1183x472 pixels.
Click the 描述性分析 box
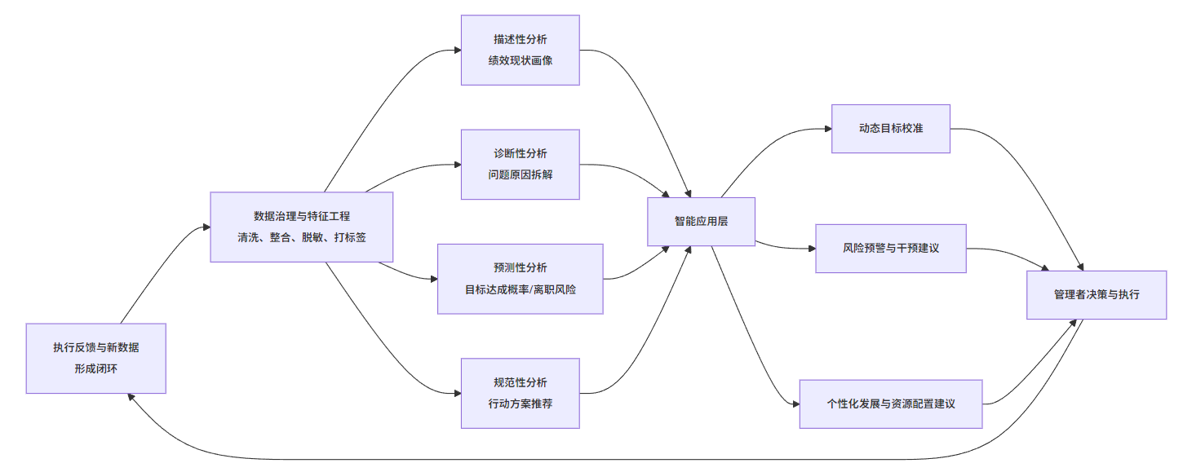pyautogui.click(x=520, y=50)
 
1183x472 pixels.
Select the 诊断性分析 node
pyautogui.click(x=520, y=164)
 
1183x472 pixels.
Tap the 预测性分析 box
pyautogui.click(x=520, y=279)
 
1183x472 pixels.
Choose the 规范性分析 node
pyautogui.click(x=520, y=393)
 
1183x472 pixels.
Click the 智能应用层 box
pyautogui.click(x=701, y=221)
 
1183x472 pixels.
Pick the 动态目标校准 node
pyautogui.click(x=890, y=129)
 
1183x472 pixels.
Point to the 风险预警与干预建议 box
pyautogui.click(x=890, y=249)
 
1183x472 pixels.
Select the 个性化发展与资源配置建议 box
pyautogui.click(x=890, y=404)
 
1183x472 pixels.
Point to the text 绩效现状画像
pyautogui.click(x=520, y=60)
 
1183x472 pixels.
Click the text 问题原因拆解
pyautogui.click(x=520, y=174)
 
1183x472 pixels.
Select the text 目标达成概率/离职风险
pyautogui.click(x=520, y=289)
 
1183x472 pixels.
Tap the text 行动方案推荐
pyautogui.click(x=520, y=403)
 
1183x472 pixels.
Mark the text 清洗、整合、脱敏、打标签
pyautogui.click(x=301, y=237)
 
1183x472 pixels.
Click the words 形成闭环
pyautogui.click(x=95, y=368)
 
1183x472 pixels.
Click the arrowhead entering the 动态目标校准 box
pyautogui.click(x=826, y=129)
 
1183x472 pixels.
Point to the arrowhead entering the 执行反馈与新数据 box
pyautogui.click(x=131, y=398)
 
